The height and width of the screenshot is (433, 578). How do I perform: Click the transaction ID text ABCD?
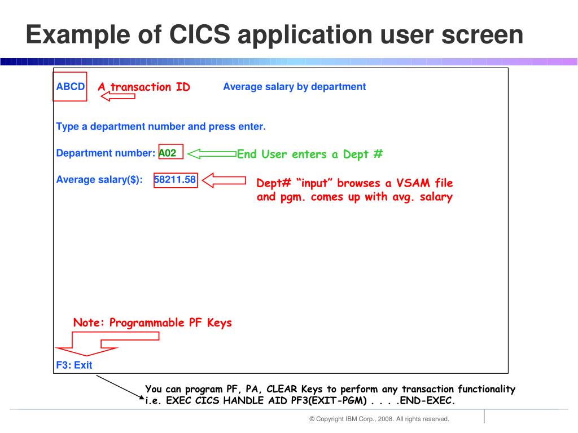pyautogui.click(x=70, y=87)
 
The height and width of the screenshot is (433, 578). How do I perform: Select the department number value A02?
pyautogui.click(x=168, y=152)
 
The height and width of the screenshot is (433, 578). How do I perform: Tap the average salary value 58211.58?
pyautogui.click(x=175, y=180)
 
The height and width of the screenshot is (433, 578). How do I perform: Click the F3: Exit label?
pyautogui.click(x=74, y=365)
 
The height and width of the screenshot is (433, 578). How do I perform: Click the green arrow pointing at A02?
pyautogui.click(x=211, y=153)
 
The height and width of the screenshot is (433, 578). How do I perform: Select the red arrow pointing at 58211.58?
pyautogui.click(x=224, y=180)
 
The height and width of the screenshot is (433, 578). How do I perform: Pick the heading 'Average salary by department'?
pyautogui.click(x=294, y=87)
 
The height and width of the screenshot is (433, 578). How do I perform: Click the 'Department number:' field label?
pyautogui.click(x=106, y=153)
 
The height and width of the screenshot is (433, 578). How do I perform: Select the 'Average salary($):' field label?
pyautogui.click(x=99, y=180)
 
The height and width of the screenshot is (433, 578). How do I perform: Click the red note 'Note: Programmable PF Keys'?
pyautogui.click(x=152, y=323)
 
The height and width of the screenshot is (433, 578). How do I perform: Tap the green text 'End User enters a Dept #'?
pyautogui.click(x=310, y=154)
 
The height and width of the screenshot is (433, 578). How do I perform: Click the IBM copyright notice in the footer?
pyautogui.click(x=379, y=419)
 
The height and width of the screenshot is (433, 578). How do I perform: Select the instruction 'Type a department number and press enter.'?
pyautogui.click(x=161, y=126)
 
